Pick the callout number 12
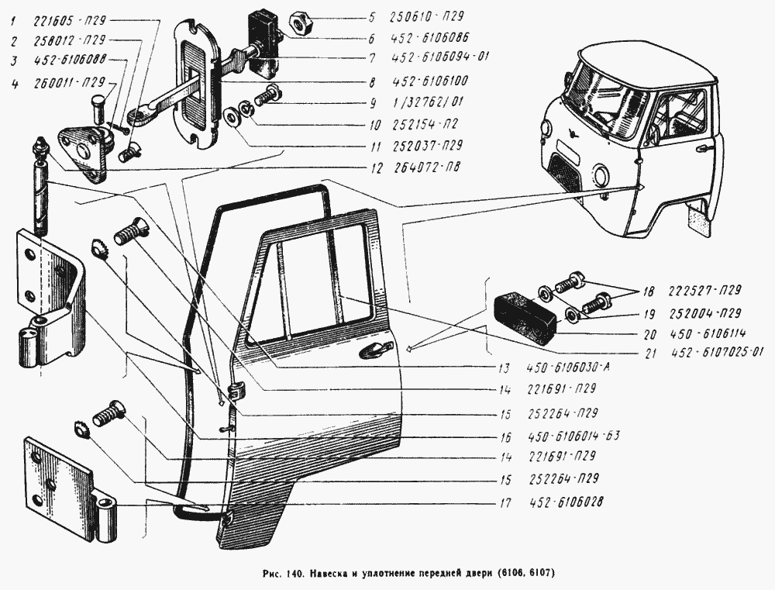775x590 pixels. point(374,167)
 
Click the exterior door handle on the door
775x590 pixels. point(373,350)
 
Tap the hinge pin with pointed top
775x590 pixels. point(40,186)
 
